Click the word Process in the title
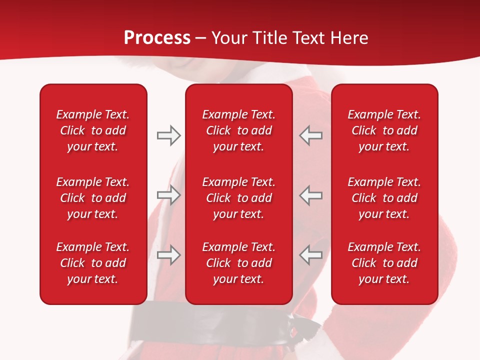(x=157, y=38)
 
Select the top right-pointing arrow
(x=168, y=135)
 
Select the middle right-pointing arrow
(x=168, y=195)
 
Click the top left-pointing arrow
(x=310, y=135)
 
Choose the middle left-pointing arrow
(x=310, y=195)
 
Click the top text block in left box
(x=93, y=130)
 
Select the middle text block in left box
(x=93, y=198)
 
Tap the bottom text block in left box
(x=93, y=263)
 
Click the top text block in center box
(x=238, y=130)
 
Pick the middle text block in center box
(x=238, y=198)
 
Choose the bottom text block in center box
(x=238, y=263)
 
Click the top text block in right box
(x=384, y=130)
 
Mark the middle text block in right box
(x=384, y=198)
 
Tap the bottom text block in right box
(x=384, y=263)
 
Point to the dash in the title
(x=200, y=39)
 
